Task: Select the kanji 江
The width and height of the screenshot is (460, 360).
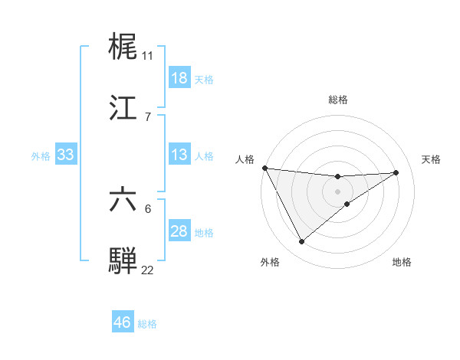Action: click(x=123, y=108)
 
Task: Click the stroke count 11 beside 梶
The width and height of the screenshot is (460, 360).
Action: click(x=148, y=55)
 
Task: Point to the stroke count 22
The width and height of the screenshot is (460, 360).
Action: click(x=148, y=270)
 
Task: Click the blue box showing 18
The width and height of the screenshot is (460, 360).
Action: click(x=179, y=78)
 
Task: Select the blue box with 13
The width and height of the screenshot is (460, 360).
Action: click(x=179, y=155)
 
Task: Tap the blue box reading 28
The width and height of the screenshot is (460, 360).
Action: click(x=179, y=231)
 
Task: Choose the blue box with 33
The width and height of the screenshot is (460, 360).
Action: click(x=66, y=155)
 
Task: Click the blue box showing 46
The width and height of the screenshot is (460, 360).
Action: click(x=123, y=322)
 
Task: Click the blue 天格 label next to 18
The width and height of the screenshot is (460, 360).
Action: click(x=203, y=79)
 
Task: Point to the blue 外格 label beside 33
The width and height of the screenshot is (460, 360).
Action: click(x=41, y=155)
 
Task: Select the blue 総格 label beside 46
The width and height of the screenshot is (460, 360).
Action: click(x=147, y=323)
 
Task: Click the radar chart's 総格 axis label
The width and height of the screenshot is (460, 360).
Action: click(x=338, y=100)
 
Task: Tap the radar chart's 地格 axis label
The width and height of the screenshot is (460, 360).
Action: click(x=402, y=262)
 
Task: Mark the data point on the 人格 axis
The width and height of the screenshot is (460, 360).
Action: click(x=264, y=168)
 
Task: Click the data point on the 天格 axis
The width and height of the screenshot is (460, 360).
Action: click(x=396, y=172)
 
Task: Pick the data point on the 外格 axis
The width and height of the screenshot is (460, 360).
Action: click(x=302, y=242)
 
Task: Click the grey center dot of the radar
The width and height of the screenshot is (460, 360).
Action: click(x=338, y=191)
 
